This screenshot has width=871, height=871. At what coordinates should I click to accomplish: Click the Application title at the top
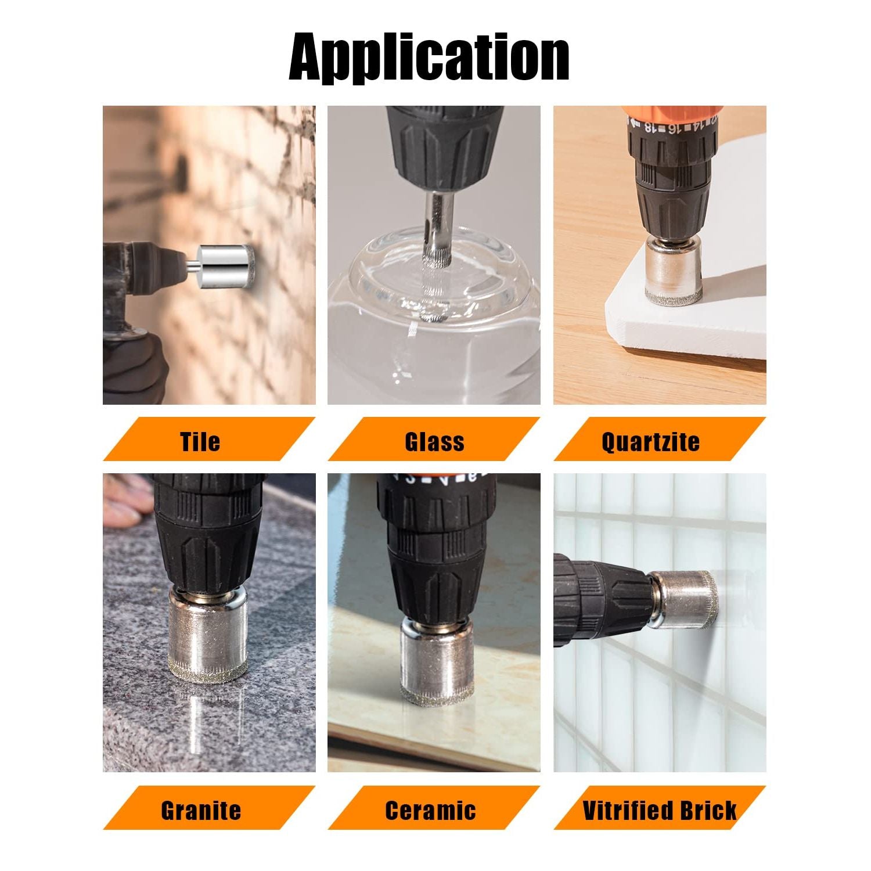pyautogui.click(x=429, y=59)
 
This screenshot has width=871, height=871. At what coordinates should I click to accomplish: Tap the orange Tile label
pyautogui.click(x=209, y=440)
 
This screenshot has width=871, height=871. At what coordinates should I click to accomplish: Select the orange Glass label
pyautogui.click(x=434, y=440)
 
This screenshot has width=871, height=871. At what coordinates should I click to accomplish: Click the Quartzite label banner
pyautogui.click(x=660, y=440)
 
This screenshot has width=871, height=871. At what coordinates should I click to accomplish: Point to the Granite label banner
pyautogui.click(x=209, y=808)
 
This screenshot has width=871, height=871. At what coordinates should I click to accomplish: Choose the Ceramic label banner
pyautogui.click(x=434, y=808)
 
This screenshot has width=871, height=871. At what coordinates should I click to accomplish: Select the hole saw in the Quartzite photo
pyautogui.click(x=674, y=271)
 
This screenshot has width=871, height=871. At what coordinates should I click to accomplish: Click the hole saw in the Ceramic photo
pyautogui.click(x=430, y=662)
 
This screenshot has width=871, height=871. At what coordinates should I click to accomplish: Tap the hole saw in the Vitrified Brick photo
pyautogui.click(x=684, y=599)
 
